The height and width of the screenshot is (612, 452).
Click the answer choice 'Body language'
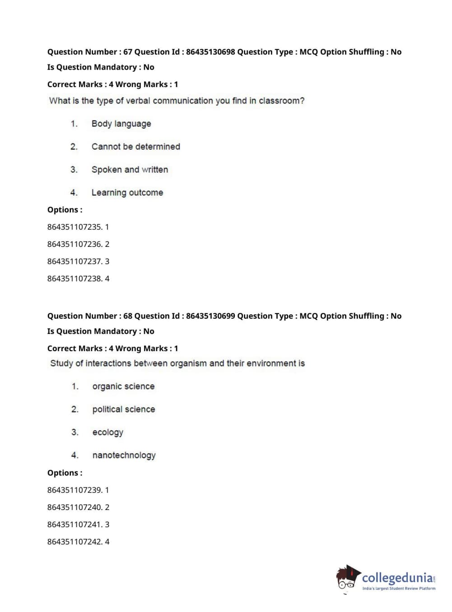click(x=121, y=124)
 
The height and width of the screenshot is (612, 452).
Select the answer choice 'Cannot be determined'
click(x=135, y=147)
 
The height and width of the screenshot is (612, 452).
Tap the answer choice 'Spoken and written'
click(x=130, y=170)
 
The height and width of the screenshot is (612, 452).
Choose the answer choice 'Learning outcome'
click(x=127, y=193)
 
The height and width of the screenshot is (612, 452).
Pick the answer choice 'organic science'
click(x=123, y=386)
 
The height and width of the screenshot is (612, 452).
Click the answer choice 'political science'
click(x=123, y=409)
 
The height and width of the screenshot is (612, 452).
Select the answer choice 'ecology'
click(x=107, y=432)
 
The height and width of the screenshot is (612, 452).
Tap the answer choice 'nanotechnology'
click(x=124, y=455)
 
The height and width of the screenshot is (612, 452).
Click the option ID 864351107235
click(x=75, y=227)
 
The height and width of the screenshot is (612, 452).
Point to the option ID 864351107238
click(x=75, y=278)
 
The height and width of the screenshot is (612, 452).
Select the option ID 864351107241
click(x=75, y=524)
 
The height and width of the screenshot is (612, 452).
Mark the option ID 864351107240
click(x=75, y=507)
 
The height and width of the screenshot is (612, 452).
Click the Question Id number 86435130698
click(x=210, y=52)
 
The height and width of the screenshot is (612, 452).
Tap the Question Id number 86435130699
click(x=210, y=316)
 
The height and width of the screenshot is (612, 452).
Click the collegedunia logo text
click(x=397, y=577)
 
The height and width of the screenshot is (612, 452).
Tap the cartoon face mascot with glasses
click(x=347, y=579)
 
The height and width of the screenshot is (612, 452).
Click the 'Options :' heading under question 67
click(x=65, y=210)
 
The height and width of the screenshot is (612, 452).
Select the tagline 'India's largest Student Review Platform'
click(x=399, y=589)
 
